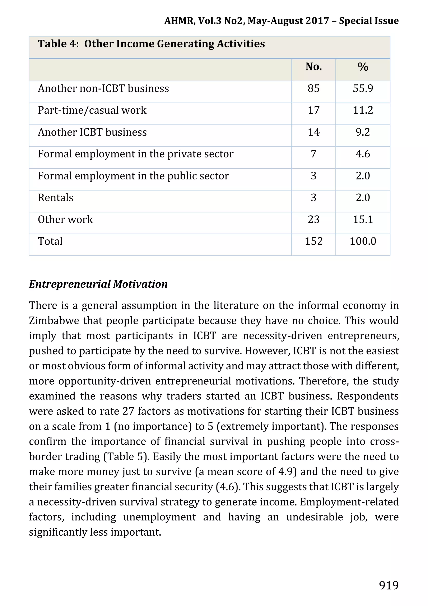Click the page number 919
(389, 585)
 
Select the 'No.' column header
(313, 67)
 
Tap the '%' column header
(363, 67)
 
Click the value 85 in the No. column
(313, 88)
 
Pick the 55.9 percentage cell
(363, 88)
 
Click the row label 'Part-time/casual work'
(92, 110)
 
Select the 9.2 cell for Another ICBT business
(363, 132)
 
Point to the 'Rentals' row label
(55, 198)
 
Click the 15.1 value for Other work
(363, 220)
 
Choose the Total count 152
(313, 241)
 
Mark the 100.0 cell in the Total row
(363, 241)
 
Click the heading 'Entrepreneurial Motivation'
(98, 284)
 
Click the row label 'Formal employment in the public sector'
(133, 176)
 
